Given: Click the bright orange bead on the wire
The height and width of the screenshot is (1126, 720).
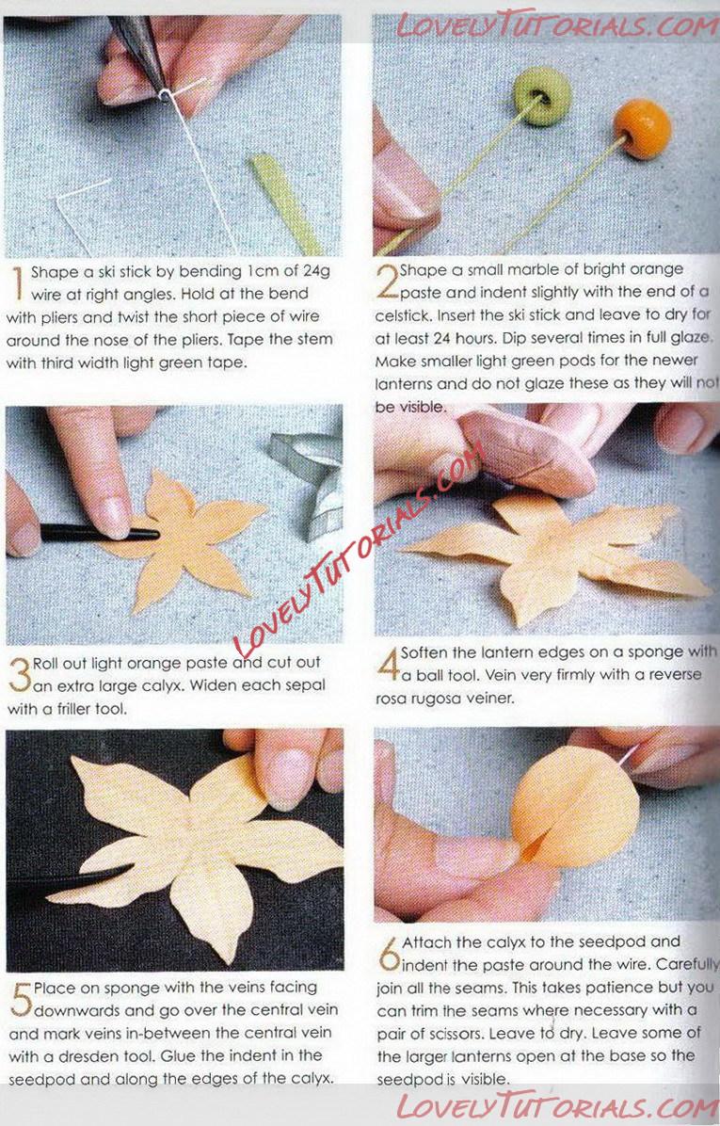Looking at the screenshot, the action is click(x=643, y=129).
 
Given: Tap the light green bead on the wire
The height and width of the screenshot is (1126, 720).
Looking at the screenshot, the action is click(x=542, y=96).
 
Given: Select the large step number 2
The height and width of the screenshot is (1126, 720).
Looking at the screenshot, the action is click(x=388, y=281).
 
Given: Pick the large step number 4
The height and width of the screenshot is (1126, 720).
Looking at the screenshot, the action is click(x=389, y=665).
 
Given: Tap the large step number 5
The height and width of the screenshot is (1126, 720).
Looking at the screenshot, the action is click(x=21, y=999).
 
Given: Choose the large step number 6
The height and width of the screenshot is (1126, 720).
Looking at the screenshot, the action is click(x=389, y=953).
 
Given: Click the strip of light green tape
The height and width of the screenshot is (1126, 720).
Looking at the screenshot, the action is click(x=285, y=202).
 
